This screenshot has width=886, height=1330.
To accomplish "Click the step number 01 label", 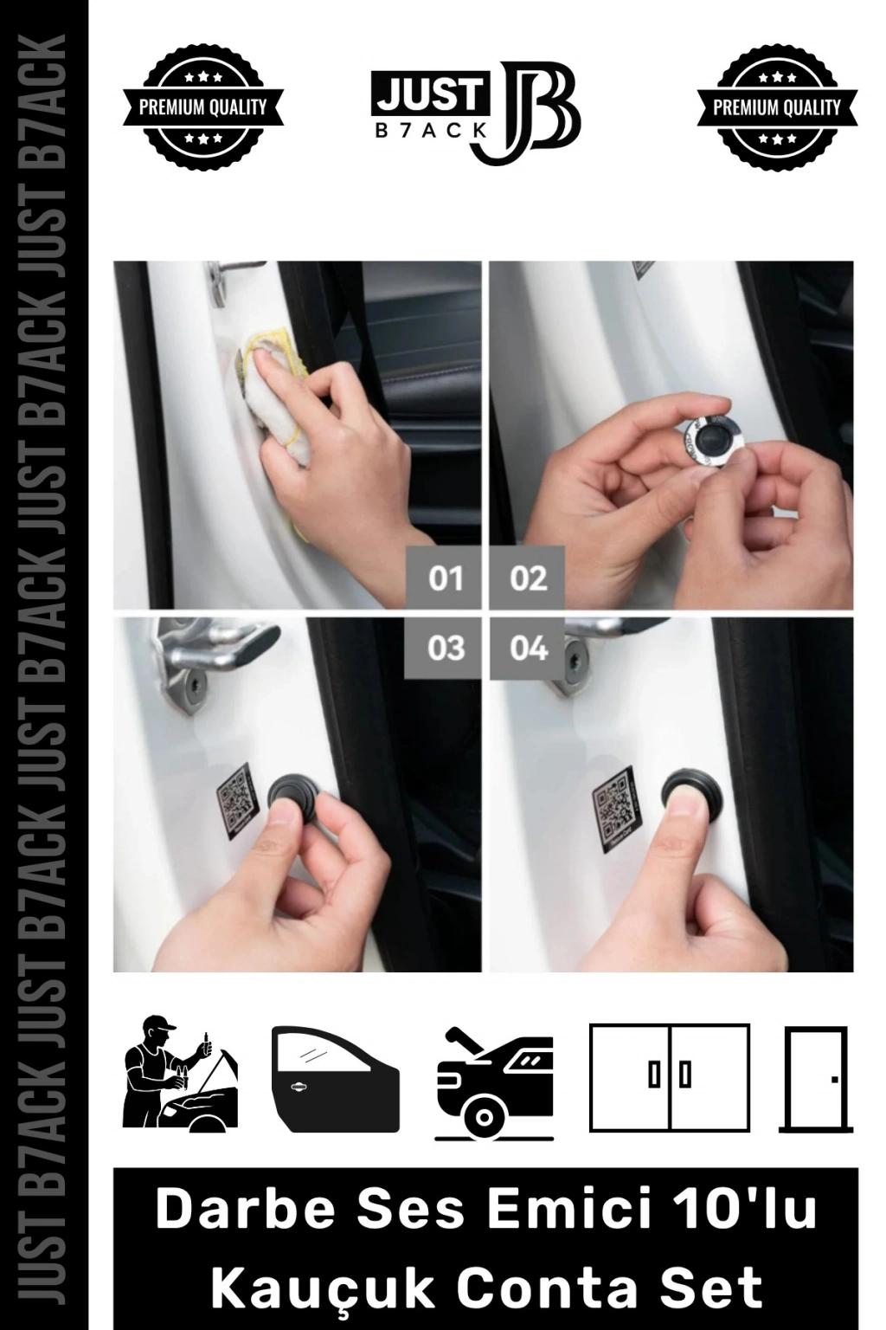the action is point(446,578).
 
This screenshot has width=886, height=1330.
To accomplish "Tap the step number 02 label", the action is point(528,578).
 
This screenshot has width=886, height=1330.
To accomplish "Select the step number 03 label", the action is point(446,647).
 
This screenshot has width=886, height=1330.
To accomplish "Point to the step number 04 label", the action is point(528,647).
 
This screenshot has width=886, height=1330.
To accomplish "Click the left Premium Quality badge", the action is point(203,107).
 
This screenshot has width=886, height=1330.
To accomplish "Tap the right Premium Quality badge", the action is point(777,107).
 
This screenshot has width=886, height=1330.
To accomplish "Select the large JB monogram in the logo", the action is point(525,112).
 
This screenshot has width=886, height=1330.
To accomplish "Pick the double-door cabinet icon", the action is point(670,1078).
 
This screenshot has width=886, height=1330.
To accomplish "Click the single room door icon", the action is point(816,1079).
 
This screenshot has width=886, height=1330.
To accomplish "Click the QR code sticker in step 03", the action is point(237,800).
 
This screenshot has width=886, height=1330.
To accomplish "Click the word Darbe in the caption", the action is point(246,1208).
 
